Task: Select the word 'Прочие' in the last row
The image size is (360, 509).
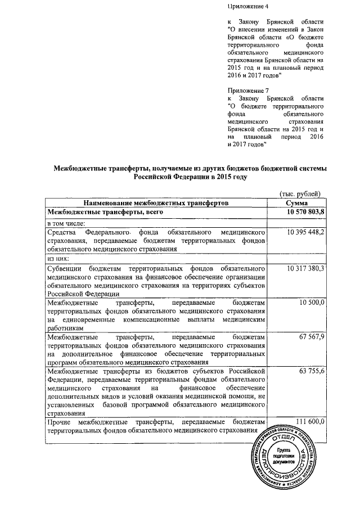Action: [x=60, y=422]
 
